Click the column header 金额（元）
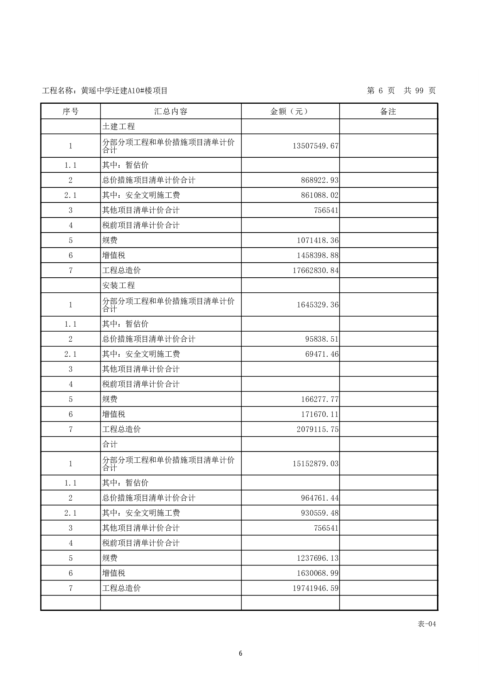pyautogui.click(x=290, y=111)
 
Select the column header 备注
pyautogui.click(x=388, y=111)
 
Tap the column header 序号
pyautogui.click(x=70, y=111)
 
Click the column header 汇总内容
pyautogui.click(x=171, y=111)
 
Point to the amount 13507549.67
pyautogui.click(x=315, y=146)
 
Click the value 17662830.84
pyautogui.click(x=315, y=270)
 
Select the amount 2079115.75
pyautogui.click(x=317, y=429)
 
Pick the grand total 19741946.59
pyautogui.click(x=315, y=588)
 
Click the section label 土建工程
pyautogui.click(x=119, y=126)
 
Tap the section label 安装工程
pyautogui.click(x=119, y=285)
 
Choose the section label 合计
pyautogui.click(x=110, y=444)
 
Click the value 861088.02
pyautogui.click(x=320, y=195)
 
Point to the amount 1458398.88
pyautogui.click(x=317, y=255)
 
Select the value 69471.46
pyautogui.click(x=322, y=354)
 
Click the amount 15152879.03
pyautogui.click(x=315, y=464)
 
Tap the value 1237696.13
pyautogui.click(x=317, y=558)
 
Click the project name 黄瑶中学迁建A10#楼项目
pyautogui.click(x=124, y=91)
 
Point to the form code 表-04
pyautogui.click(x=427, y=624)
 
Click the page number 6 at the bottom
pyautogui.click(x=240, y=653)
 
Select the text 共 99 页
pyautogui.click(x=420, y=91)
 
